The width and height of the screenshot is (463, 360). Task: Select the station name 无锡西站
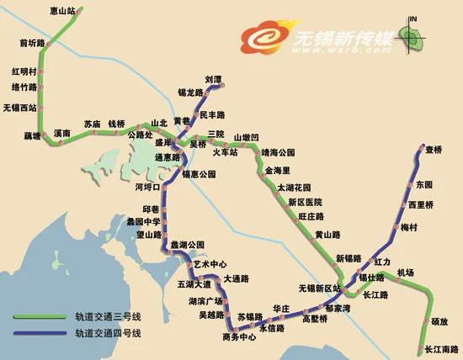coord(20,108)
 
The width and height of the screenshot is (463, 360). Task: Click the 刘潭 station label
coord(213,81)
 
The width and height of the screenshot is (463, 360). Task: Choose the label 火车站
coord(225,152)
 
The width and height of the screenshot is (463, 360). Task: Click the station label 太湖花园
coord(295,188)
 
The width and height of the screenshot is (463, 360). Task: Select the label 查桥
coord(434,150)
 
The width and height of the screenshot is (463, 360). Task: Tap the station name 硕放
coord(439,321)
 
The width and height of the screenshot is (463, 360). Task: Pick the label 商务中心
coord(239,337)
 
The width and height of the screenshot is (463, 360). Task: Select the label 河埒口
coord(147,188)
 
